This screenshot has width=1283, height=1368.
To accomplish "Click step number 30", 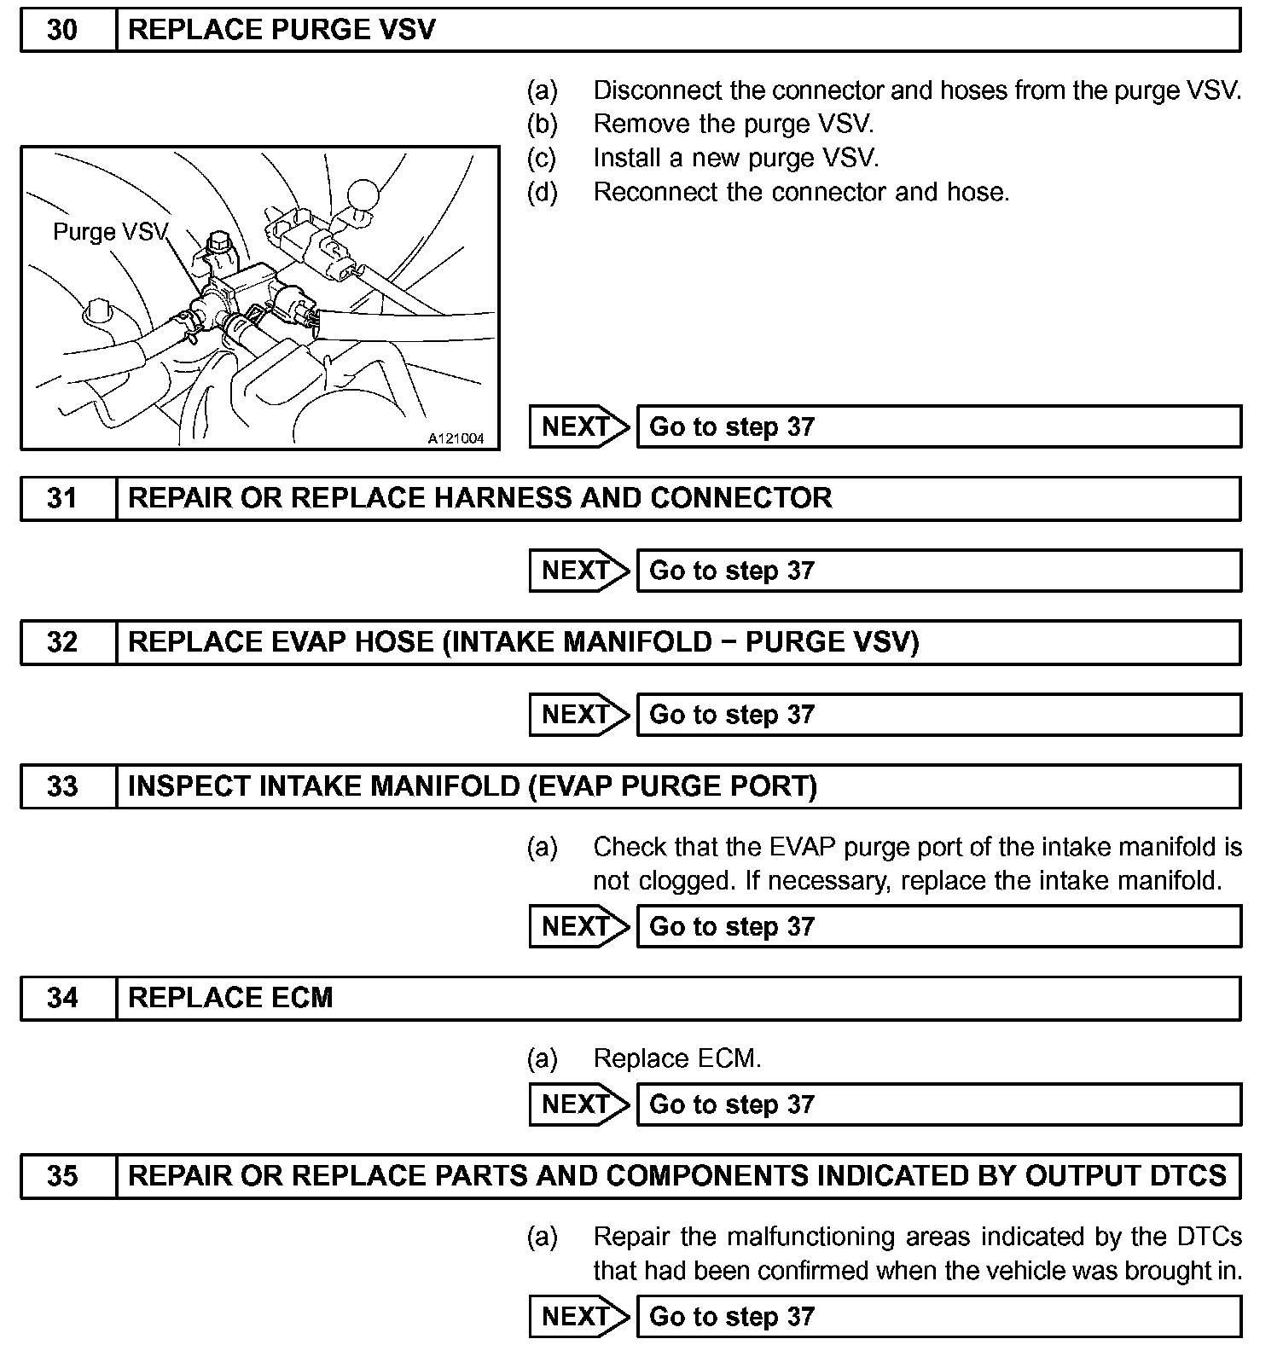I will (62, 31).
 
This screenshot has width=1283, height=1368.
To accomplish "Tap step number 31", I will (62, 498).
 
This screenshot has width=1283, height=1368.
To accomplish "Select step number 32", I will (62, 642).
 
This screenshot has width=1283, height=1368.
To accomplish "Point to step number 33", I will (62, 786).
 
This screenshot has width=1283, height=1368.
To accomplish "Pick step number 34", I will (62, 998).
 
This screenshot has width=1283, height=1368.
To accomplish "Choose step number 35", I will (62, 1176).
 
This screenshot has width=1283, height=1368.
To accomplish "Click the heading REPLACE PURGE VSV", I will (282, 31).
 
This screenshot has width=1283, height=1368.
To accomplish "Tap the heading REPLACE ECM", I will (230, 998).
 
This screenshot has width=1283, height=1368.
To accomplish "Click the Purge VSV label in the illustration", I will (110, 232).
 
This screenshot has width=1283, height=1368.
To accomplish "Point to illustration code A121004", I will (456, 438).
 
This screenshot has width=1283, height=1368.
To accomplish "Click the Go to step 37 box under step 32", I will (938, 715).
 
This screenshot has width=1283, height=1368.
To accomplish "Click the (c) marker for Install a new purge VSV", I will (542, 158).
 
